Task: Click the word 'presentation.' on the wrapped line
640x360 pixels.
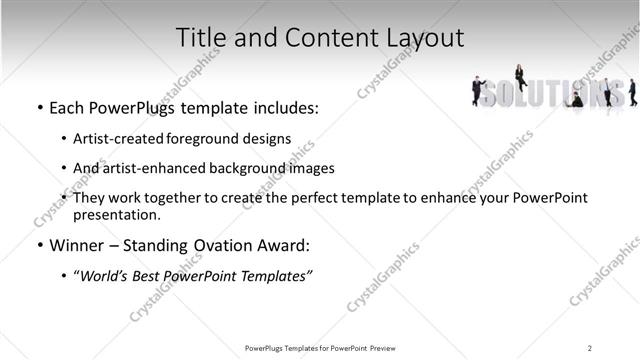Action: (x=117, y=214)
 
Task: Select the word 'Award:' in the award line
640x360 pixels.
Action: (x=284, y=245)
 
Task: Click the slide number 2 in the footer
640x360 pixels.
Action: (x=589, y=347)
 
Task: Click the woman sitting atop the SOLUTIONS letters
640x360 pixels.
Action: (x=520, y=76)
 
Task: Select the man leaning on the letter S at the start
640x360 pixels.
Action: (x=478, y=91)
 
